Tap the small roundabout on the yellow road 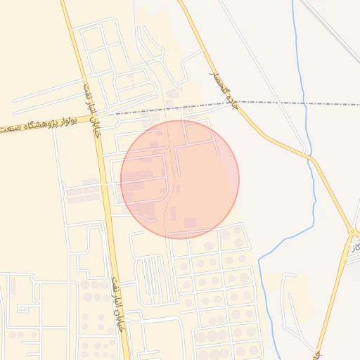click(x=351, y=231)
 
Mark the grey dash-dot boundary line click(x=295, y=103)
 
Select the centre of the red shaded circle click(x=180, y=179)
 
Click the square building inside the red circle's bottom click(x=190, y=223)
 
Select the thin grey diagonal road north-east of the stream click(x=330, y=28)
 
